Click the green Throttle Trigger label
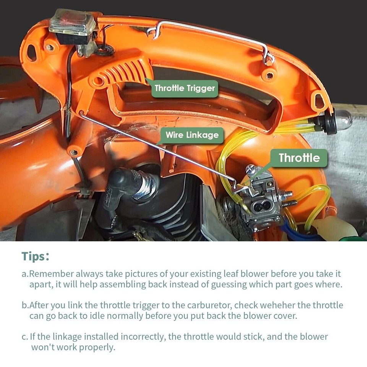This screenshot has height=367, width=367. [x=185, y=88]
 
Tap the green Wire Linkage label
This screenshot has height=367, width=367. [x=192, y=135]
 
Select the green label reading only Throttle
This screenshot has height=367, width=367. [x=299, y=158]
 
